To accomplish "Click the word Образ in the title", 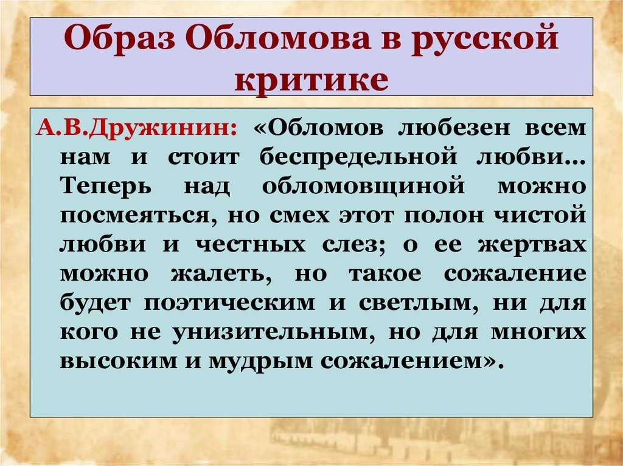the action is tap(119, 39).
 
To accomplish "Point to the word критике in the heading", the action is tap(311, 80).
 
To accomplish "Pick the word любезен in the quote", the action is tap(454, 128).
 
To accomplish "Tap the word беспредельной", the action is tap(358, 157).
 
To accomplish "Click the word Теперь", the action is tap(106, 186).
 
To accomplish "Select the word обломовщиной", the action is tap(363, 186).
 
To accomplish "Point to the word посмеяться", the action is tap(138, 216).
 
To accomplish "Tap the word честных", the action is tap(251, 244).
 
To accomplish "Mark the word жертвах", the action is tap(532, 244).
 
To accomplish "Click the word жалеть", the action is tap(221, 274).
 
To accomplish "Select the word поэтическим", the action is tap(229, 303).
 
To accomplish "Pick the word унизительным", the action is tap(274, 332).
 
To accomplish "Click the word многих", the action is tap(538, 332).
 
